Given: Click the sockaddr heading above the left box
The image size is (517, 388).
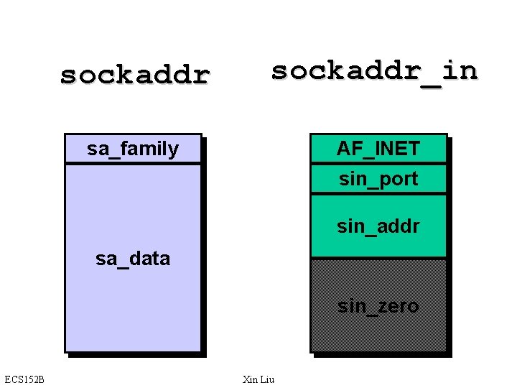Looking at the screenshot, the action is [134, 74].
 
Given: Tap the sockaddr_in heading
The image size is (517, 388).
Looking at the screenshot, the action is [373, 70].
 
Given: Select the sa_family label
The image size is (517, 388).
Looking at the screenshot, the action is [133, 149].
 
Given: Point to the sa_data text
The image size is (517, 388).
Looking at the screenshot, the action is [133, 258].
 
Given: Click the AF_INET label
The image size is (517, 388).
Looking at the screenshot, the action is [378, 149].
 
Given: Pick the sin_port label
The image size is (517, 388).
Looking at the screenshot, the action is [378, 179].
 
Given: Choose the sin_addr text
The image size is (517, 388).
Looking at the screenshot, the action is [378, 227].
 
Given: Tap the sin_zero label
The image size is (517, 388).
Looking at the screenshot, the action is [378, 306].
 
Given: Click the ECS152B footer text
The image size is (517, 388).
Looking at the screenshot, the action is [24, 379].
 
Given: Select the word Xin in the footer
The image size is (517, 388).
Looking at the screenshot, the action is [251, 379].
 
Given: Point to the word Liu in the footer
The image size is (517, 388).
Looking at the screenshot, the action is [267, 379].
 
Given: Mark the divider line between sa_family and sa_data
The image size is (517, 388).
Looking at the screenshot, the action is [133, 164].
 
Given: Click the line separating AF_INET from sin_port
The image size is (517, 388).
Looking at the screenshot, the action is [378, 164].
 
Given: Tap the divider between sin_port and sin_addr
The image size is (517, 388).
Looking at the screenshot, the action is [378, 194].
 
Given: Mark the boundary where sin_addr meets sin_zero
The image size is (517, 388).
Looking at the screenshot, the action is [378, 258].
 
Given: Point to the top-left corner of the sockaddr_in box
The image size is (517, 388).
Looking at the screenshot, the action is [310, 134].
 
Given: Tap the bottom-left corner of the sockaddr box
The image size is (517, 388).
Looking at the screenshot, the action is [65, 351].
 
